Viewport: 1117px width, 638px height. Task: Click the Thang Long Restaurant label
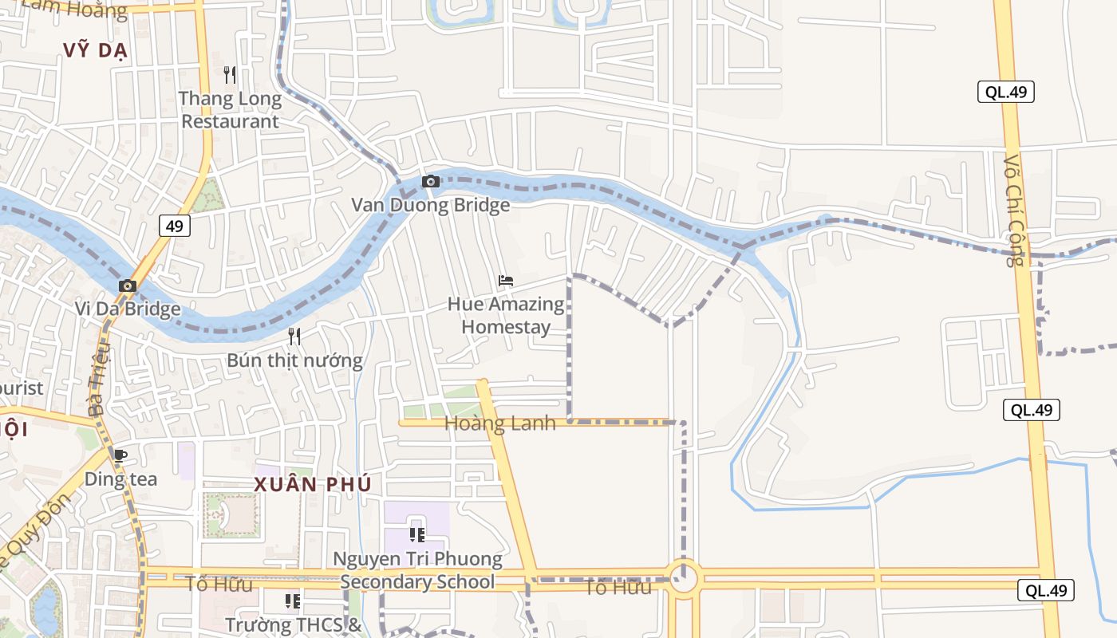tap(230, 110)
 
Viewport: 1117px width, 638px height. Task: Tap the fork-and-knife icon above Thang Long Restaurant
tap(230, 75)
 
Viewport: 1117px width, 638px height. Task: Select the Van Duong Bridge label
tap(431, 205)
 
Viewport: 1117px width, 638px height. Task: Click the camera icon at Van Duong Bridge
tap(431, 182)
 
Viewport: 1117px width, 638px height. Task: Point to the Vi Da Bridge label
tap(128, 309)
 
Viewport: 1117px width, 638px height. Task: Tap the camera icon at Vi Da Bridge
tap(128, 286)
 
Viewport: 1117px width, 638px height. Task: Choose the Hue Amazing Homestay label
tap(506, 315)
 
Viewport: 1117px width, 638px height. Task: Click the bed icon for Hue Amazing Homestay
tap(506, 281)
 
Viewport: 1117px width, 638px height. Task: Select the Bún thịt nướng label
tap(294, 360)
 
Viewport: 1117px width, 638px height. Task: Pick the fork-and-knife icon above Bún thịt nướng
tap(294, 337)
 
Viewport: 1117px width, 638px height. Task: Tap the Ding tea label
tap(120, 479)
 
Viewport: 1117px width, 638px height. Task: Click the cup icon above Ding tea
tap(120, 456)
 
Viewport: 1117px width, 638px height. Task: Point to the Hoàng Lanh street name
tap(499, 423)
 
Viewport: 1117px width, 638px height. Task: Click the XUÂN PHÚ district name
tap(313, 484)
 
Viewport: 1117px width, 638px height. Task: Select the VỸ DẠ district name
tap(96, 50)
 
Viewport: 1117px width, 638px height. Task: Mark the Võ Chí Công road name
tap(1014, 210)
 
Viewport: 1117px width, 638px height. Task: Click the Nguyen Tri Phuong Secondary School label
tap(417, 570)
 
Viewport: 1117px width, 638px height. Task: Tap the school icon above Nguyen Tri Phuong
tap(417, 534)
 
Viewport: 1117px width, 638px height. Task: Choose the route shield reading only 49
tap(174, 226)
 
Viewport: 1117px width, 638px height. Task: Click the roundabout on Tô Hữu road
tap(684, 577)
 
